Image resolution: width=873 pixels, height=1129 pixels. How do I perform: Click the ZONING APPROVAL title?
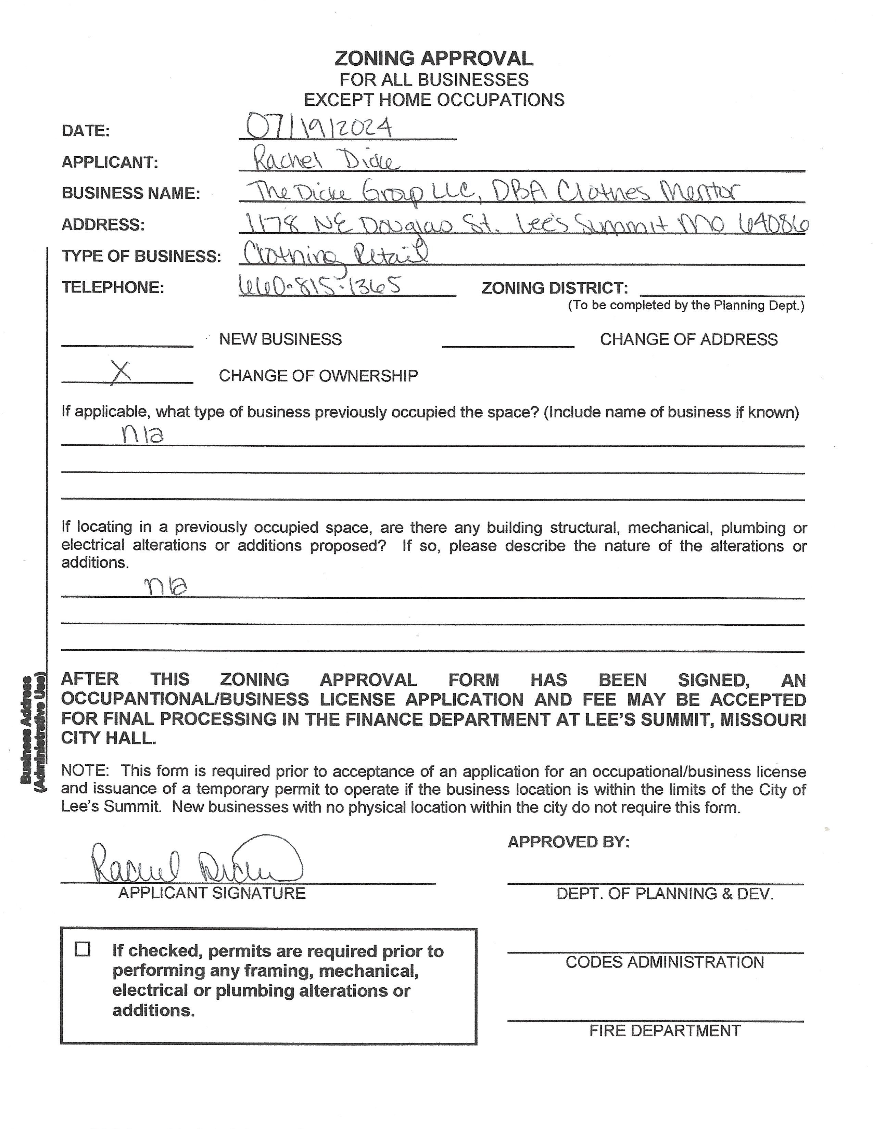(x=433, y=59)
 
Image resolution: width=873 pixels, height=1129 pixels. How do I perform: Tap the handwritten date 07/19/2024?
(x=319, y=127)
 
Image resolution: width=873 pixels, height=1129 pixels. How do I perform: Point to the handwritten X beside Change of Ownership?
(x=121, y=373)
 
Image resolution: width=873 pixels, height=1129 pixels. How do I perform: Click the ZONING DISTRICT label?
(x=554, y=288)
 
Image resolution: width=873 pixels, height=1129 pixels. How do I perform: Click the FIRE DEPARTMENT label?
(x=665, y=1031)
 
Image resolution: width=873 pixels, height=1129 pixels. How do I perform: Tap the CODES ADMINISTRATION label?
(x=665, y=962)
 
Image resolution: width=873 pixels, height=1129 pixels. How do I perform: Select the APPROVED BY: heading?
(x=568, y=842)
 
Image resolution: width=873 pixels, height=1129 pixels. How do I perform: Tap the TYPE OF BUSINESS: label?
(x=141, y=256)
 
